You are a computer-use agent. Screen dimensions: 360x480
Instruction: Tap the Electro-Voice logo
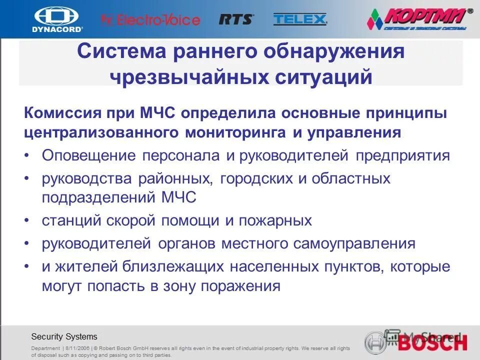pos(150,20)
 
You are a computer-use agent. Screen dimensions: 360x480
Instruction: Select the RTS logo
pos(236,19)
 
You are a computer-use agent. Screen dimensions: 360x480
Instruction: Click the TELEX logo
pos(300,19)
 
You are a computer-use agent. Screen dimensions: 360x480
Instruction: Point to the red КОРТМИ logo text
pos(429,17)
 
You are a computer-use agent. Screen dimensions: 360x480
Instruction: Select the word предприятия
pos(402,155)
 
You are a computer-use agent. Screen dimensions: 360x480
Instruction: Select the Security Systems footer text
pos(64,336)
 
